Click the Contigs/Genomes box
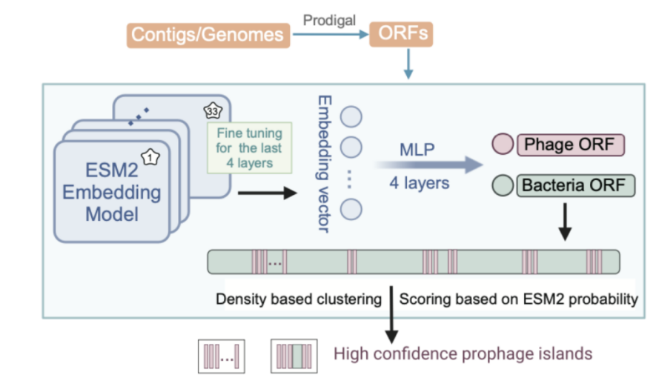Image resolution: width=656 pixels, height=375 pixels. click(208, 35)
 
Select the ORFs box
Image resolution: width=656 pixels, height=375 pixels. click(401, 34)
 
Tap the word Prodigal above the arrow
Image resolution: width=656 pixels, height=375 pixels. click(329, 20)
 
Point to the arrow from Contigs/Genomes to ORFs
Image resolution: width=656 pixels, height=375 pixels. click(331, 34)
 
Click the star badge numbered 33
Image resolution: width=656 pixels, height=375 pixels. click(213, 110)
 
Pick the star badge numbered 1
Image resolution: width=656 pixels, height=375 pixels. click(150, 158)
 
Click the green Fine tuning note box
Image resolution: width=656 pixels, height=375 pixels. click(249, 147)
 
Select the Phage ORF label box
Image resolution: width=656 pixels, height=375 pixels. click(571, 145)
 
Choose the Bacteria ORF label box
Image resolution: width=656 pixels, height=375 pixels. click(576, 185)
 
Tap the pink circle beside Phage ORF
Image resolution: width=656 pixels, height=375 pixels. click(503, 145)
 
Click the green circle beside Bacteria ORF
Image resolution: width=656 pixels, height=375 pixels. click(503, 185)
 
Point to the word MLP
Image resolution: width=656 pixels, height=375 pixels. click(417, 150)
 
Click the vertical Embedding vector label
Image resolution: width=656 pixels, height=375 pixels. click(325, 164)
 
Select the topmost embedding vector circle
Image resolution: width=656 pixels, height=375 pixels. click(351, 116)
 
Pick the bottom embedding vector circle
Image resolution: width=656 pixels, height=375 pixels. click(351, 209)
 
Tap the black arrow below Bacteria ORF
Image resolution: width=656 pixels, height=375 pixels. click(565, 222)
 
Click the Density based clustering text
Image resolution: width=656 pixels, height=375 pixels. click(299, 299)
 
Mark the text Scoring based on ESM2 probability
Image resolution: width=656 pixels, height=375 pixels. click(518, 299)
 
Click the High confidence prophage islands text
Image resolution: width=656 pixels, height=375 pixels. click(463, 354)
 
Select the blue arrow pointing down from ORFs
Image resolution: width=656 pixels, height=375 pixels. click(408, 64)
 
